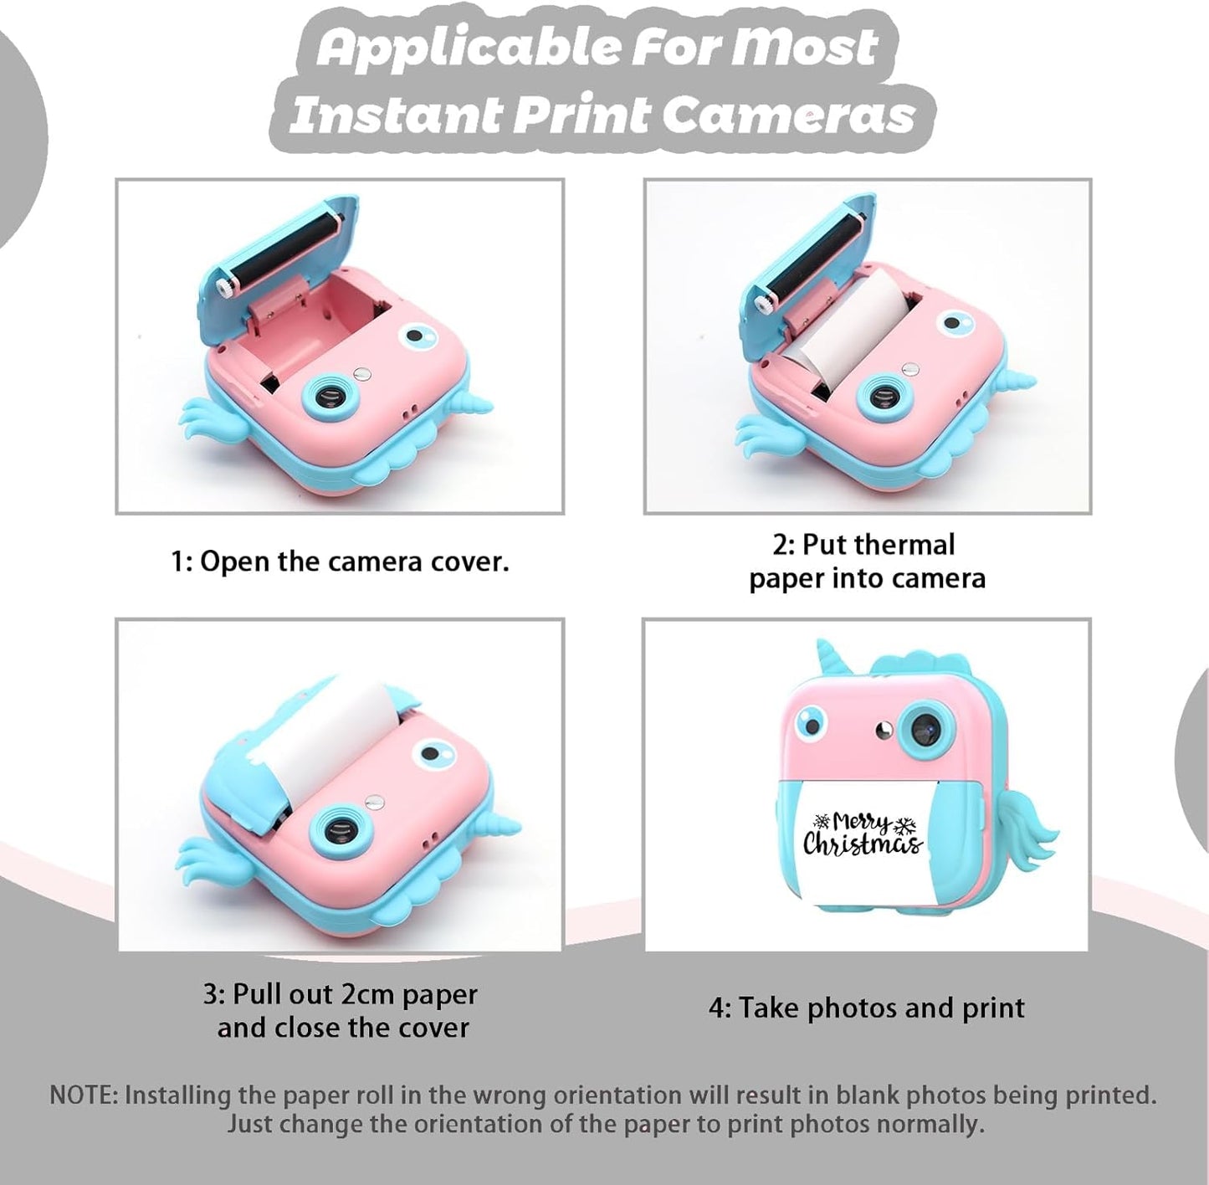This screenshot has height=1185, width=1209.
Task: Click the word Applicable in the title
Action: (x=470, y=49)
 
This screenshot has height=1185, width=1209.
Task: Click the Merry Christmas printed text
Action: (x=863, y=835)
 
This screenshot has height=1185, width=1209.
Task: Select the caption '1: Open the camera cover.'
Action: (x=340, y=562)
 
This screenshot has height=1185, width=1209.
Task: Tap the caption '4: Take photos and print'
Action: (x=867, y=1008)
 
